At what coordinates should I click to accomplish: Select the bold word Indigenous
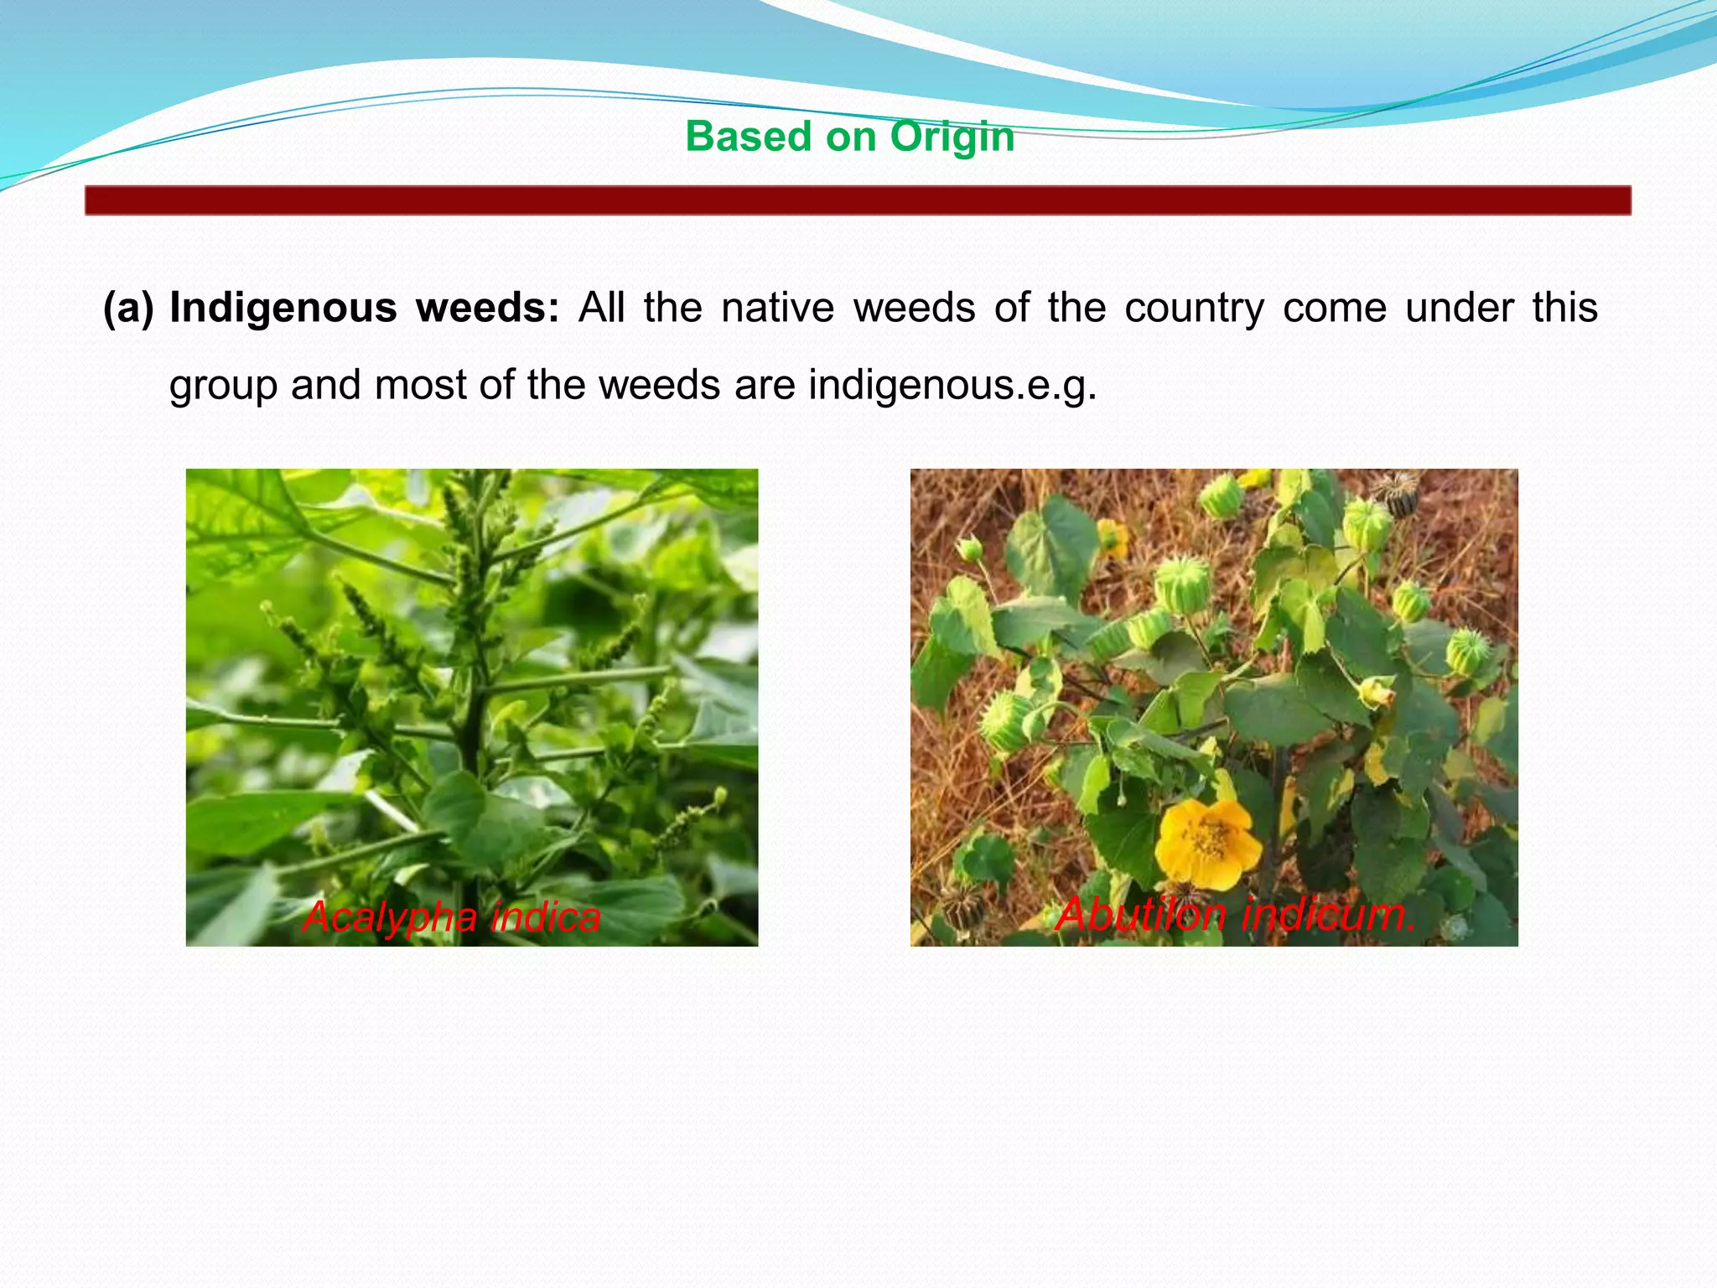283,308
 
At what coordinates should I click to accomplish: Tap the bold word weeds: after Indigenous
487,308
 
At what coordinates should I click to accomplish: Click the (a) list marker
128,308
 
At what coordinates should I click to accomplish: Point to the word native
777,308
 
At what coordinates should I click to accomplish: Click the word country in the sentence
1194,309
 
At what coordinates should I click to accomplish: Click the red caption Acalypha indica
451,917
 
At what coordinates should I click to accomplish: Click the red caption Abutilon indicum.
1236,914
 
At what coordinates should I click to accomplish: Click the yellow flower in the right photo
1207,843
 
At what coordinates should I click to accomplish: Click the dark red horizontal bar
858,200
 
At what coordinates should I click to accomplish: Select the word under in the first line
1459,308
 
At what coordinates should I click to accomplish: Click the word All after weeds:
601,308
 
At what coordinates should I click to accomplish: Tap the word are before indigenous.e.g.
765,386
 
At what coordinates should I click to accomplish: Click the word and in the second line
322,386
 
